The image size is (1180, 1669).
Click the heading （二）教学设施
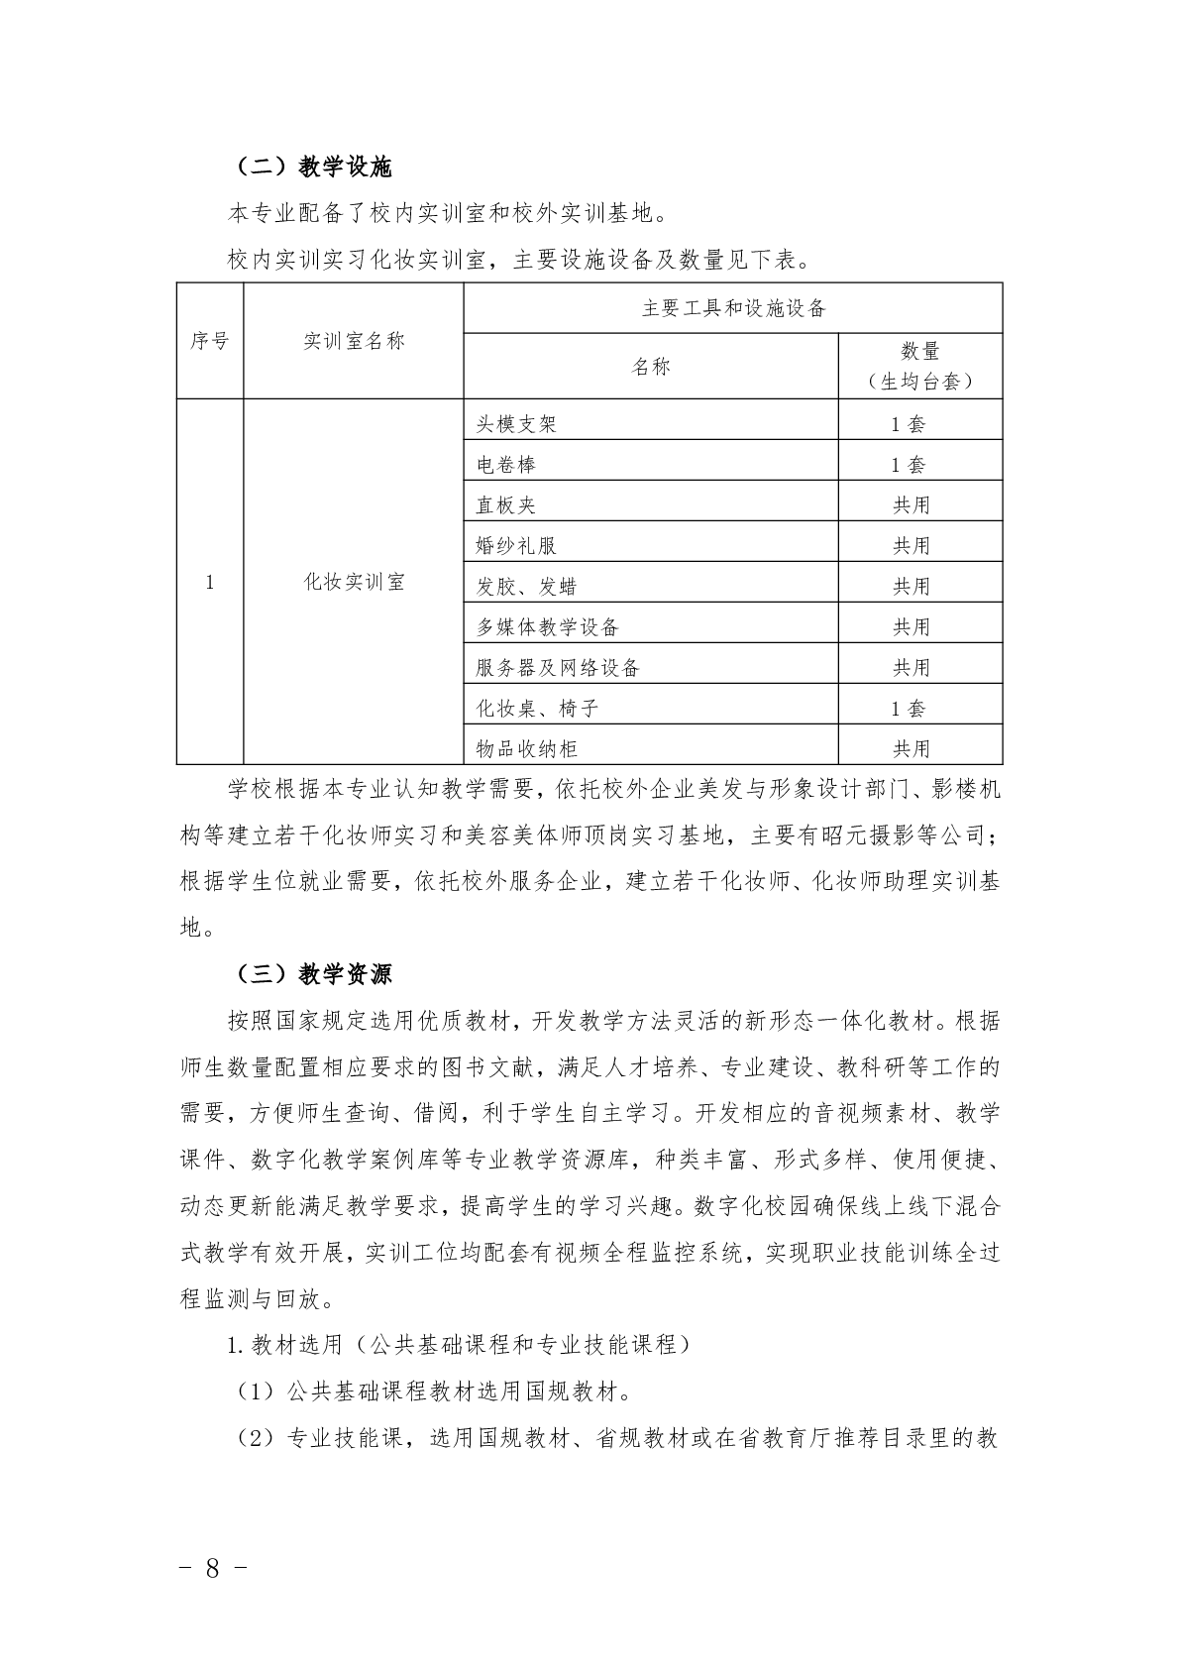tap(314, 167)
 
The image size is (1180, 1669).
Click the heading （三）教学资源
tap(314, 974)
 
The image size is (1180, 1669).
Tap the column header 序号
tap(209, 341)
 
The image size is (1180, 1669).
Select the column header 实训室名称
tap(354, 341)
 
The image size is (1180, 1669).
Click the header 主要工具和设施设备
tap(733, 308)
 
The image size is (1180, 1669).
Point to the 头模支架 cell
tap(516, 424)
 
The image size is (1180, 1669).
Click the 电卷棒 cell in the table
tap(506, 465)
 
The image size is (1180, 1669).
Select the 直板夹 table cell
tap(506, 505)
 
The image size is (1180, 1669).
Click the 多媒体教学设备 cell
tap(547, 627)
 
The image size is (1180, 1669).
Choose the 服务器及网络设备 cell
tap(558, 668)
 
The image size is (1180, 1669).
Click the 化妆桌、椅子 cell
tap(537, 709)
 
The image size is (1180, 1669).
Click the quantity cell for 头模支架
tap(909, 424)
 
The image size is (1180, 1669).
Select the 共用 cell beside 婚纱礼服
tap(912, 546)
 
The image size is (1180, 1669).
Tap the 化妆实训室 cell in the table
tap(354, 582)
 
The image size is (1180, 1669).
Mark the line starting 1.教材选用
tap(461, 1345)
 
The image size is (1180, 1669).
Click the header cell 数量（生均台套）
tap(920, 366)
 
